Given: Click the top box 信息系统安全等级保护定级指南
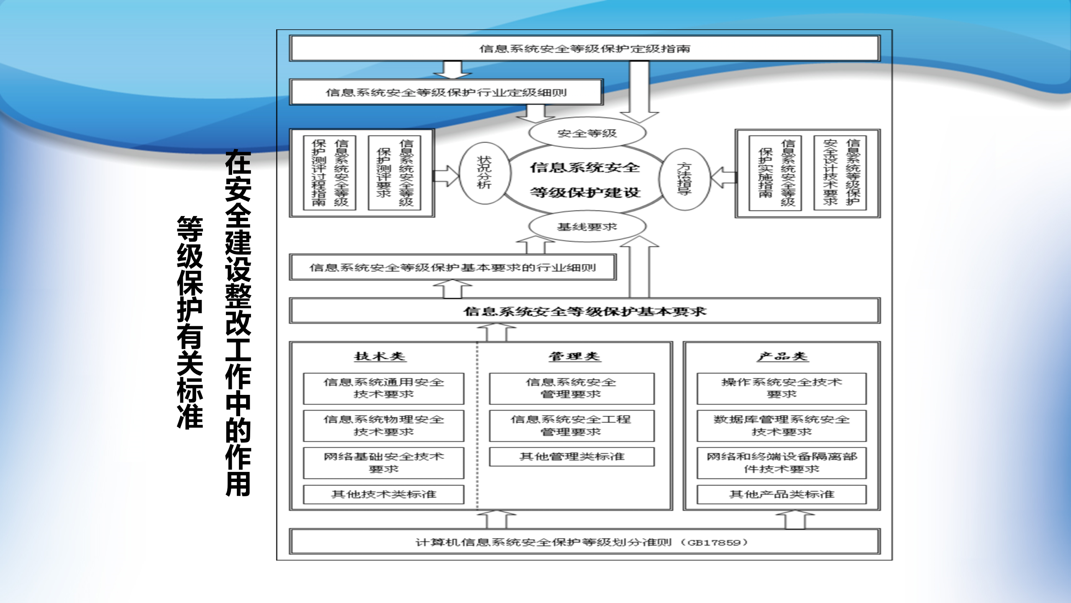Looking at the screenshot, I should (584, 49).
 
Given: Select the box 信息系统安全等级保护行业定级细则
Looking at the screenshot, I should (446, 92).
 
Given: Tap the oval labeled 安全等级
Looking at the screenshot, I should (587, 133).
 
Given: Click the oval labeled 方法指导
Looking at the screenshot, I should (684, 179).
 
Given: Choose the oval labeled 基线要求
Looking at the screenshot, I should (587, 227).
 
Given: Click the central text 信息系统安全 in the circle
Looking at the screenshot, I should (585, 168).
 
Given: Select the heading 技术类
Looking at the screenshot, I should (380, 356).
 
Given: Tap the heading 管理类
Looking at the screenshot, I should (574, 356).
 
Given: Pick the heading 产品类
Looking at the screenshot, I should (782, 356).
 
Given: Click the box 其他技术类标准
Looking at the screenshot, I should (384, 495).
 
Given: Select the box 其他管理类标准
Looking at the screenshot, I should (571, 457).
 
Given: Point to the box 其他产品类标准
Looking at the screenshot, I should (781, 495).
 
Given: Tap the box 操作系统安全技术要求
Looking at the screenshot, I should (781, 388).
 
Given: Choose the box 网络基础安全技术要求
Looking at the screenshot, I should (384, 463).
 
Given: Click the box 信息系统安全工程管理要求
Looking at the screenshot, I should (571, 425).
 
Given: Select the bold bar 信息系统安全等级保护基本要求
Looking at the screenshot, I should (584, 311).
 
